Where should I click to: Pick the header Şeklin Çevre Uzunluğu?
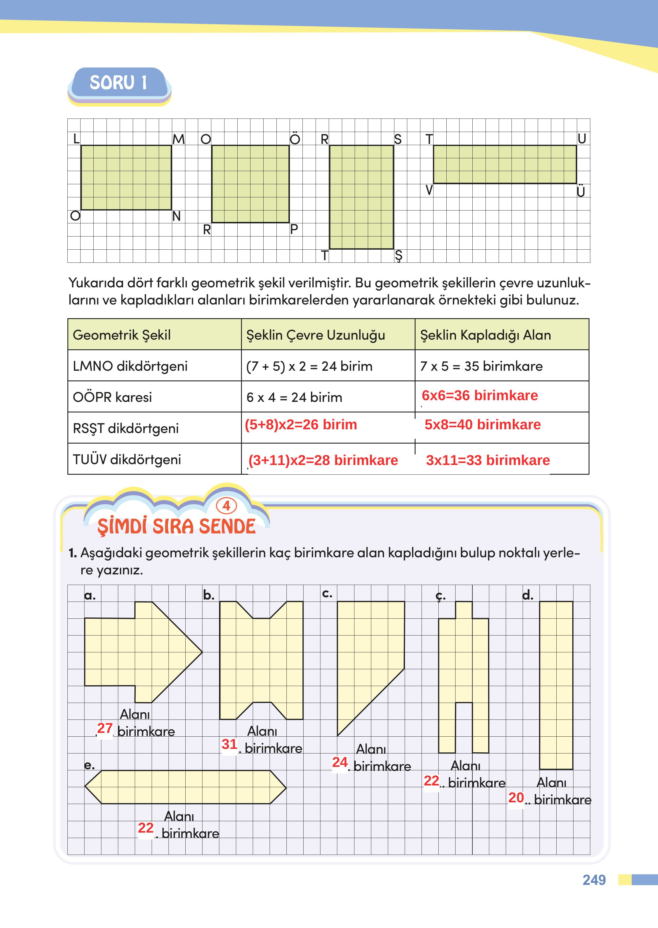pyautogui.click(x=315, y=335)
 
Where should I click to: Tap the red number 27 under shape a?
pyautogui.click(x=105, y=728)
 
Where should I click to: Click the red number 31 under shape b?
pyautogui.click(x=229, y=744)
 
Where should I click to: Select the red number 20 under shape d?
pyautogui.click(x=516, y=797)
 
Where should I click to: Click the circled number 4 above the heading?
pyautogui.click(x=226, y=506)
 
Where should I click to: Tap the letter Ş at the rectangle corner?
pyautogui.click(x=398, y=256)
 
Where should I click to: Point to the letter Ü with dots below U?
pyautogui.click(x=581, y=191)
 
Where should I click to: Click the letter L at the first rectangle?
pyautogui.click(x=76, y=139)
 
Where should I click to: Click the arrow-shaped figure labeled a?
pyautogui.click(x=138, y=652)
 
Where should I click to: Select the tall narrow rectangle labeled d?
pyautogui.click(x=556, y=685)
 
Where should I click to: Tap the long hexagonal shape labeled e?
pyautogui.click(x=185, y=787)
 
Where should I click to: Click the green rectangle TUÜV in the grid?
pyautogui.click(x=504, y=165)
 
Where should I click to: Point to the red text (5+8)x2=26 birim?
pyautogui.click(x=301, y=425)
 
